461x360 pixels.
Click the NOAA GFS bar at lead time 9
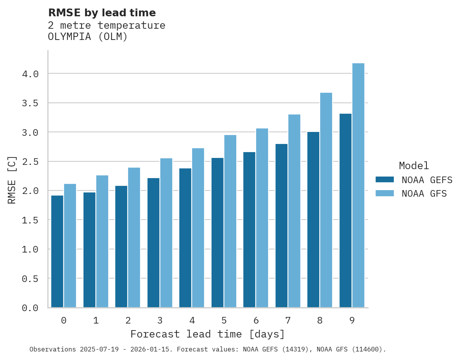[x=358, y=185]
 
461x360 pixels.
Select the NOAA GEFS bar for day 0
[x=57, y=251]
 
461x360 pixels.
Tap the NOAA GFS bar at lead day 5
[x=230, y=221]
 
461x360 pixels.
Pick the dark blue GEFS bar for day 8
[x=313, y=220]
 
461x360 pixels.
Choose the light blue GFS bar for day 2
[x=134, y=237]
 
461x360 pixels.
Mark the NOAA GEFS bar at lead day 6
[x=249, y=230]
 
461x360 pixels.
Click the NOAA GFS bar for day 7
[x=294, y=211]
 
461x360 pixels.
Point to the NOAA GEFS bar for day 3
[x=153, y=242]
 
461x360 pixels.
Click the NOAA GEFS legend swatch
[x=385, y=180]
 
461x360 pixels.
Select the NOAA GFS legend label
[x=424, y=194]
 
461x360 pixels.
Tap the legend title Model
[x=414, y=166]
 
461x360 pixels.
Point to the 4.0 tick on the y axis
[x=30, y=74]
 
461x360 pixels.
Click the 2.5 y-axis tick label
[x=30, y=161]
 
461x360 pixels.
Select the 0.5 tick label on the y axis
[x=30, y=279]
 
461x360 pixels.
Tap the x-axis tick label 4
[x=192, y=320]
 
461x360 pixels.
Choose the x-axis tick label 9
[x=352, y=320]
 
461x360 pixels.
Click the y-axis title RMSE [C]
[x=12, y=180]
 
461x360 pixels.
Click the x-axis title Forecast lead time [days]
[x=208, y=334]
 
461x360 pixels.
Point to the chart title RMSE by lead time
[x=102, y=13]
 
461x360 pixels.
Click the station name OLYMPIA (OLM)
[x=88, y=37]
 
